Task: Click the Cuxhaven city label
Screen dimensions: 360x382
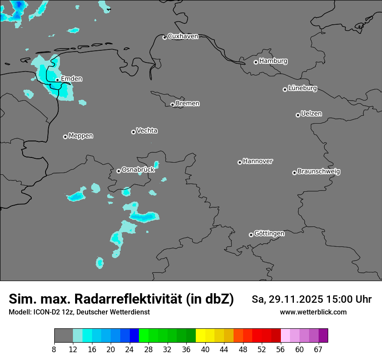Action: tap(183, 36)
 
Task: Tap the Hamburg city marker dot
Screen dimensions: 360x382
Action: tap(256, 62)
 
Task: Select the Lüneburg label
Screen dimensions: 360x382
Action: tap(303, 88)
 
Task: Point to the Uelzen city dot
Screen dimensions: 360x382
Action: tap(298, 115)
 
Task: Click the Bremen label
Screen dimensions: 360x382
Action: tap(188, 104)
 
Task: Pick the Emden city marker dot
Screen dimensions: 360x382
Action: tap(57, 80)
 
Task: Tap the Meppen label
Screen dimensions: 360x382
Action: tap(81, 136)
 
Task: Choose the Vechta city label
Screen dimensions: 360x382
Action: tap(147, 131)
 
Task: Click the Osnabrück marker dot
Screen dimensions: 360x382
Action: tap(119, 171)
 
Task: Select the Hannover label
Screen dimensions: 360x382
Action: tap(258, 161)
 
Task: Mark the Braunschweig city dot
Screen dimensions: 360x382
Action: tap(294, 173)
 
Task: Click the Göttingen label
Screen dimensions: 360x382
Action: tap(269, 234)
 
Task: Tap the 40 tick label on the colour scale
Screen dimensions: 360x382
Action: tap(205, 350)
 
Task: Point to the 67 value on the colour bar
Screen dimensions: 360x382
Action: tap(318, 350)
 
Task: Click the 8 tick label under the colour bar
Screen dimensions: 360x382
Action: tap(54, 350)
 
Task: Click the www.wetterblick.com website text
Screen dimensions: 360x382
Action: tap(313, 312)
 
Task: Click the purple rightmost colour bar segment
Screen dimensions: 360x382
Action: tap(323, 336)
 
